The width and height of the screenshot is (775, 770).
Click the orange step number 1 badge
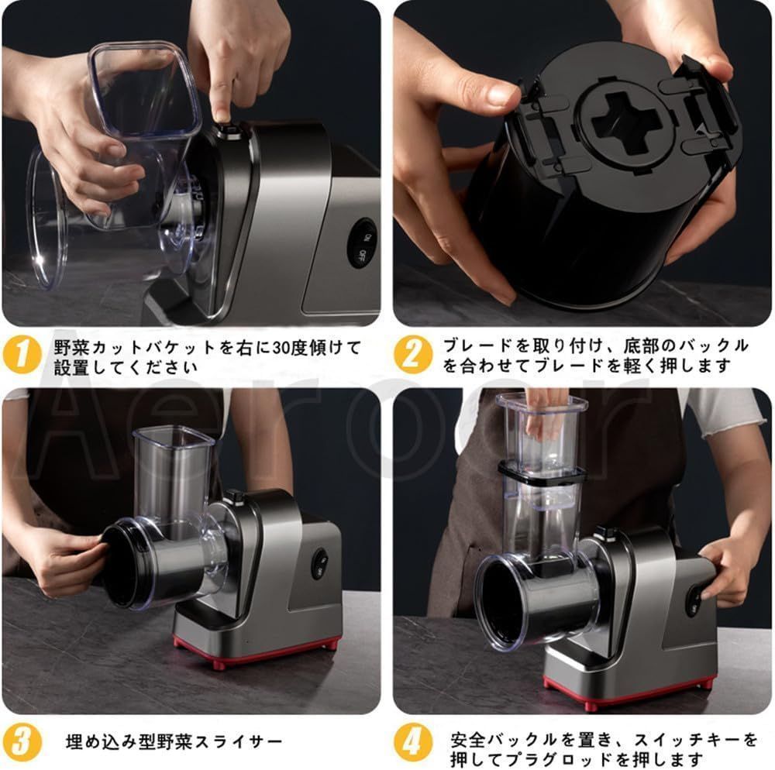pyautogui.click(x=21, y=354)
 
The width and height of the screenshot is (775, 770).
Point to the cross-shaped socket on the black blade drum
pyautogui.click(x=625, y=122)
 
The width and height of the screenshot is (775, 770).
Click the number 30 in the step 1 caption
pyautogui.click(x=281, y=348)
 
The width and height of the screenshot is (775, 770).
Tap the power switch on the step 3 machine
pyautogui.click(x=320, y=563)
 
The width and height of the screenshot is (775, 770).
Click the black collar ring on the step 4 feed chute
pyautogui.click(x=542, y=473)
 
